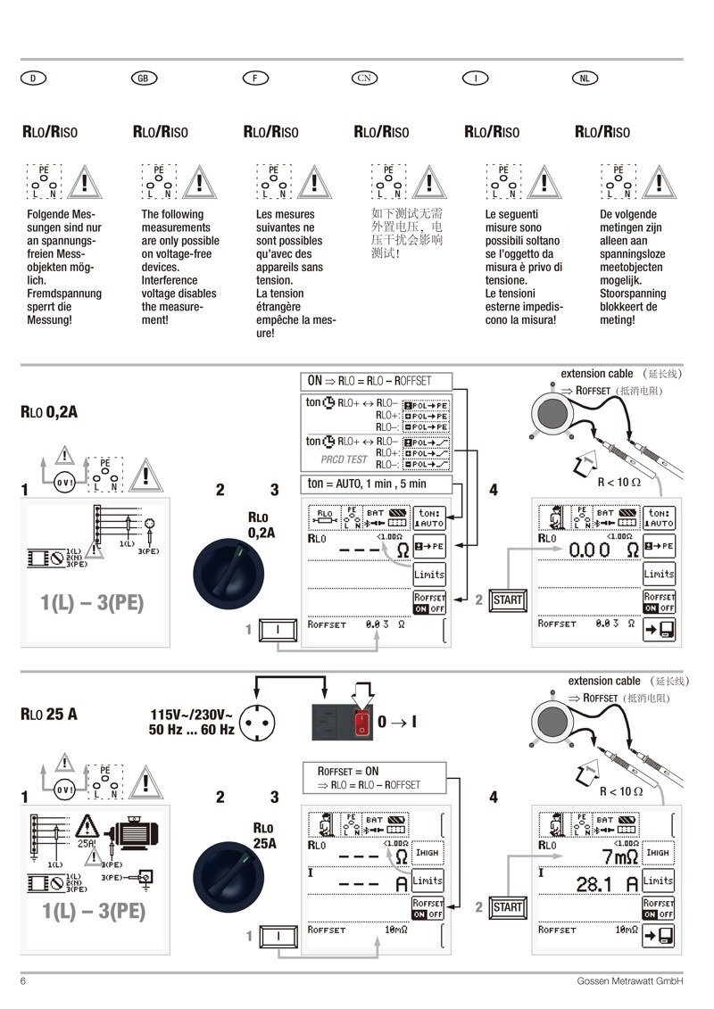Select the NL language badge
click(x=584, y=79)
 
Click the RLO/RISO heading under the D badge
click(x=50, y=132)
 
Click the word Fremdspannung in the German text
click(x=64, y=294)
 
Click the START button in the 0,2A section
click(x=507, y=600)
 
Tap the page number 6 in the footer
click(x=23, y=981)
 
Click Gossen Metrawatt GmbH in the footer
click(x=629, y=981)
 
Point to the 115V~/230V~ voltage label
click(x=192, y=715)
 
